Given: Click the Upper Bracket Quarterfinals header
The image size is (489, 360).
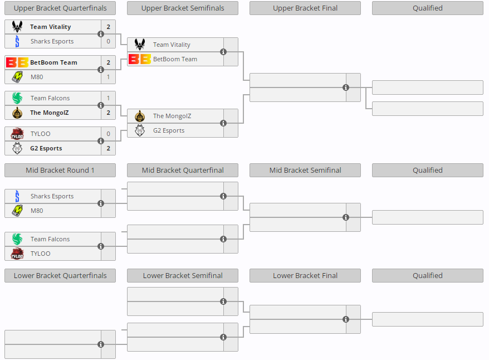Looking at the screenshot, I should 60,8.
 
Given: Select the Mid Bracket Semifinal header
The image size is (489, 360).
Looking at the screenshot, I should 305,170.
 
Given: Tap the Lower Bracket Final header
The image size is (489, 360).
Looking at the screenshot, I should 305,275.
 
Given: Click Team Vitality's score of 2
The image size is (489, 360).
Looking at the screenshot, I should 108,27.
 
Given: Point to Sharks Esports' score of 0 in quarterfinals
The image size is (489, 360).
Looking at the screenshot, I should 108,41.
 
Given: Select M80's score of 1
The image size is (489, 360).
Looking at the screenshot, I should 108,77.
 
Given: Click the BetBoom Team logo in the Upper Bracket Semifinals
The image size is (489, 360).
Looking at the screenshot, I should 139,59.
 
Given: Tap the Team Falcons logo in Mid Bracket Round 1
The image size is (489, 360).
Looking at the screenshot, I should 17,239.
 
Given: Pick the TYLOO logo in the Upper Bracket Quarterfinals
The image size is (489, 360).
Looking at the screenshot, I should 17,134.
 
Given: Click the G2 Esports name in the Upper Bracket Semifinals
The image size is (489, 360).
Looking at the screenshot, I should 169,130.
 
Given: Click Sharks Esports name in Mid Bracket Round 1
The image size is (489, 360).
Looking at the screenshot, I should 52,196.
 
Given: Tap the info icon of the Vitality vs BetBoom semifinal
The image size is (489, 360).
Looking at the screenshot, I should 223,52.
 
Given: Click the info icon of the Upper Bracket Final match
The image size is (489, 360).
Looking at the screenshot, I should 346,87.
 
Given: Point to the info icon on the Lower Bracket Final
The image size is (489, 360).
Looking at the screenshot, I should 346,319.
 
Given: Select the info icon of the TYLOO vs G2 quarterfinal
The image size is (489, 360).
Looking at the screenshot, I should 101,141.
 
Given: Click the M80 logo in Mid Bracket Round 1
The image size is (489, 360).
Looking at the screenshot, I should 17,211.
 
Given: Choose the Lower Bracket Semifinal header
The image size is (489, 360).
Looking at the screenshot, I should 183,275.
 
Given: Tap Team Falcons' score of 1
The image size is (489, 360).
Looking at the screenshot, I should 108,98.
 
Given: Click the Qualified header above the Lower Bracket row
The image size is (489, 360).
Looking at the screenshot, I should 428,275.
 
